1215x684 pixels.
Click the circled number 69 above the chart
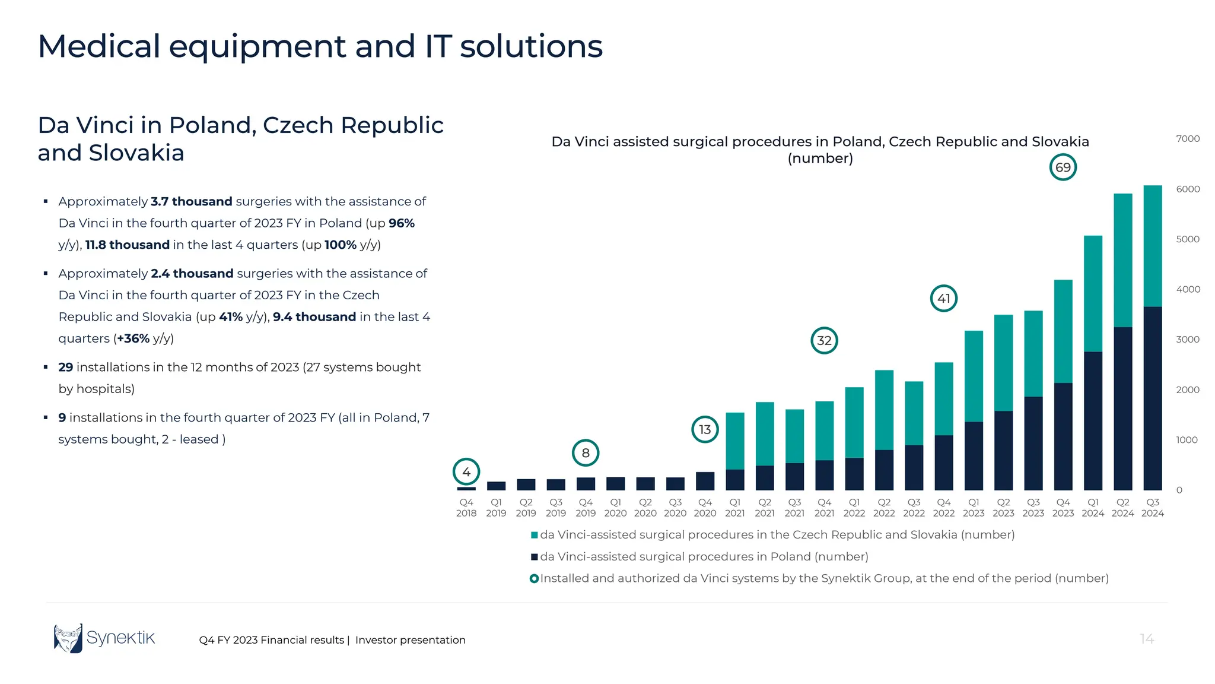pyautogui.click(x=1063, y=167)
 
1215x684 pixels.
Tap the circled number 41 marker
pyautogui.click(x=943, y=298)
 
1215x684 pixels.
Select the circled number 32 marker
pyautogui.click(x=824, y=340)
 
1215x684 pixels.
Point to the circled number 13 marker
pyautogui.click(x=705, y=429)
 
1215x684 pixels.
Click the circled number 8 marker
pyautogui.click(x=586, y=453)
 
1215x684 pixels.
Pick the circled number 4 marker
pyautogui.click(x=466, y=472)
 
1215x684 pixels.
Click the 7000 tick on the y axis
pyautogui.click(x=1188, y=139)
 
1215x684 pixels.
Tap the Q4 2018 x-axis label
pyautogui.click(x=466, y=508)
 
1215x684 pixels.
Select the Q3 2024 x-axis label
pyautogui.click(x=1152, y=508)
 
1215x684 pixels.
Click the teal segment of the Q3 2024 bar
pyautogui.click(x=1152, y=246)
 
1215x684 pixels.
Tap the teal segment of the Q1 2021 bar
pyautogui.click(x=734, y=441)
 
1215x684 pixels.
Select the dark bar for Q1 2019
pyautogui.click(x=496, y=486)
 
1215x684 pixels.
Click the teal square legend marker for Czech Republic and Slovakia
pyautogui.click(x=534, y=535)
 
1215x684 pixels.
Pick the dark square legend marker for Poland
pyautogui.click(x=534, y=557)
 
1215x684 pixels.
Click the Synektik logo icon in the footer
pyautogui.click(x=68, y=638)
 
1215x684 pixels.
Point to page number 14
pyautogui.click(x=1147, y=639)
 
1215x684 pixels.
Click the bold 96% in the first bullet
pyautogui.click(x=402, y=223)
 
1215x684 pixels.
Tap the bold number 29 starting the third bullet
pyautogui.click(x=65, y=368)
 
